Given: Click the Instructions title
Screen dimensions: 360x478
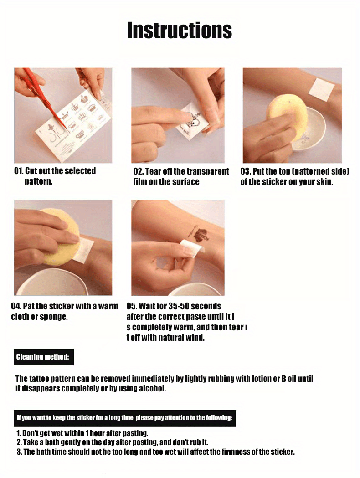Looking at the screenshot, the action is click(179, 30).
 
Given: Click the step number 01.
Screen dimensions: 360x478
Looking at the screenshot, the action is click(19, 171).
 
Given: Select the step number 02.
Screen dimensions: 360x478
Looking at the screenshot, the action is click(138, 171).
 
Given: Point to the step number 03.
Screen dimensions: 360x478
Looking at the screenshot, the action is click(245, 171).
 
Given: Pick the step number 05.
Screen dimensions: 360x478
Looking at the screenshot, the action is click(132, 306).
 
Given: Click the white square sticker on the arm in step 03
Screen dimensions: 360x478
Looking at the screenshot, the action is click(322, 89).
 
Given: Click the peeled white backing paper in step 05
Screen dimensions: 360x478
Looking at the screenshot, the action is click(191, 249).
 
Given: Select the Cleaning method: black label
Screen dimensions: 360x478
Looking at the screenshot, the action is click(44, 357).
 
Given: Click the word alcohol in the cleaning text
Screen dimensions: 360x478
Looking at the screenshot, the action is click(152, 388).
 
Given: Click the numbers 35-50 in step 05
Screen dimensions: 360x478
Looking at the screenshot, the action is click(174, 306).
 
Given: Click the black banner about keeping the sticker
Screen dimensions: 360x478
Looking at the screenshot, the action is click(125, 418).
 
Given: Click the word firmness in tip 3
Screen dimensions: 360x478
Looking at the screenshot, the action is click(235, 452).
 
